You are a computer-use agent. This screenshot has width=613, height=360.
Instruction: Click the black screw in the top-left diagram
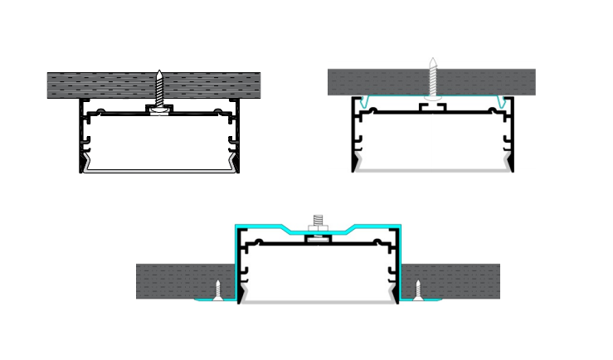159,87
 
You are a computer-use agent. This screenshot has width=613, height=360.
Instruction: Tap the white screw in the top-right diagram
432,80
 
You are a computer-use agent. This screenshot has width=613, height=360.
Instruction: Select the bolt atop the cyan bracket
318,222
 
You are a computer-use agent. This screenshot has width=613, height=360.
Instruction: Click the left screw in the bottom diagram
218,289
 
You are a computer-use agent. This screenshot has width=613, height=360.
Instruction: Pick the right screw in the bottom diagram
418,289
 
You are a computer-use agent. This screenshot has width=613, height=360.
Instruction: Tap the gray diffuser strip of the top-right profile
432,169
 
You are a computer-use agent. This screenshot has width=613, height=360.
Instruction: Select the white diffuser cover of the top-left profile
159,170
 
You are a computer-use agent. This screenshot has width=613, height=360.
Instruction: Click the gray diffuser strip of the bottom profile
318,301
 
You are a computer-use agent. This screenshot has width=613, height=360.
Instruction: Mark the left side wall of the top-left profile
82,137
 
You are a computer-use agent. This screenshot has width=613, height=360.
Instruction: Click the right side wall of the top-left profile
237,137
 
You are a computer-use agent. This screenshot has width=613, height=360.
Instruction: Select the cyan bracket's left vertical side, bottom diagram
236,257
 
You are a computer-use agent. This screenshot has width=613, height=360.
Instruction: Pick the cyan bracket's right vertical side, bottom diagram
400,257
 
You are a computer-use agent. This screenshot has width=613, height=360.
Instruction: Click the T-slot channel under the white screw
432,107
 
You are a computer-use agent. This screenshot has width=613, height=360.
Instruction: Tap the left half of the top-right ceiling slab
377,82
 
